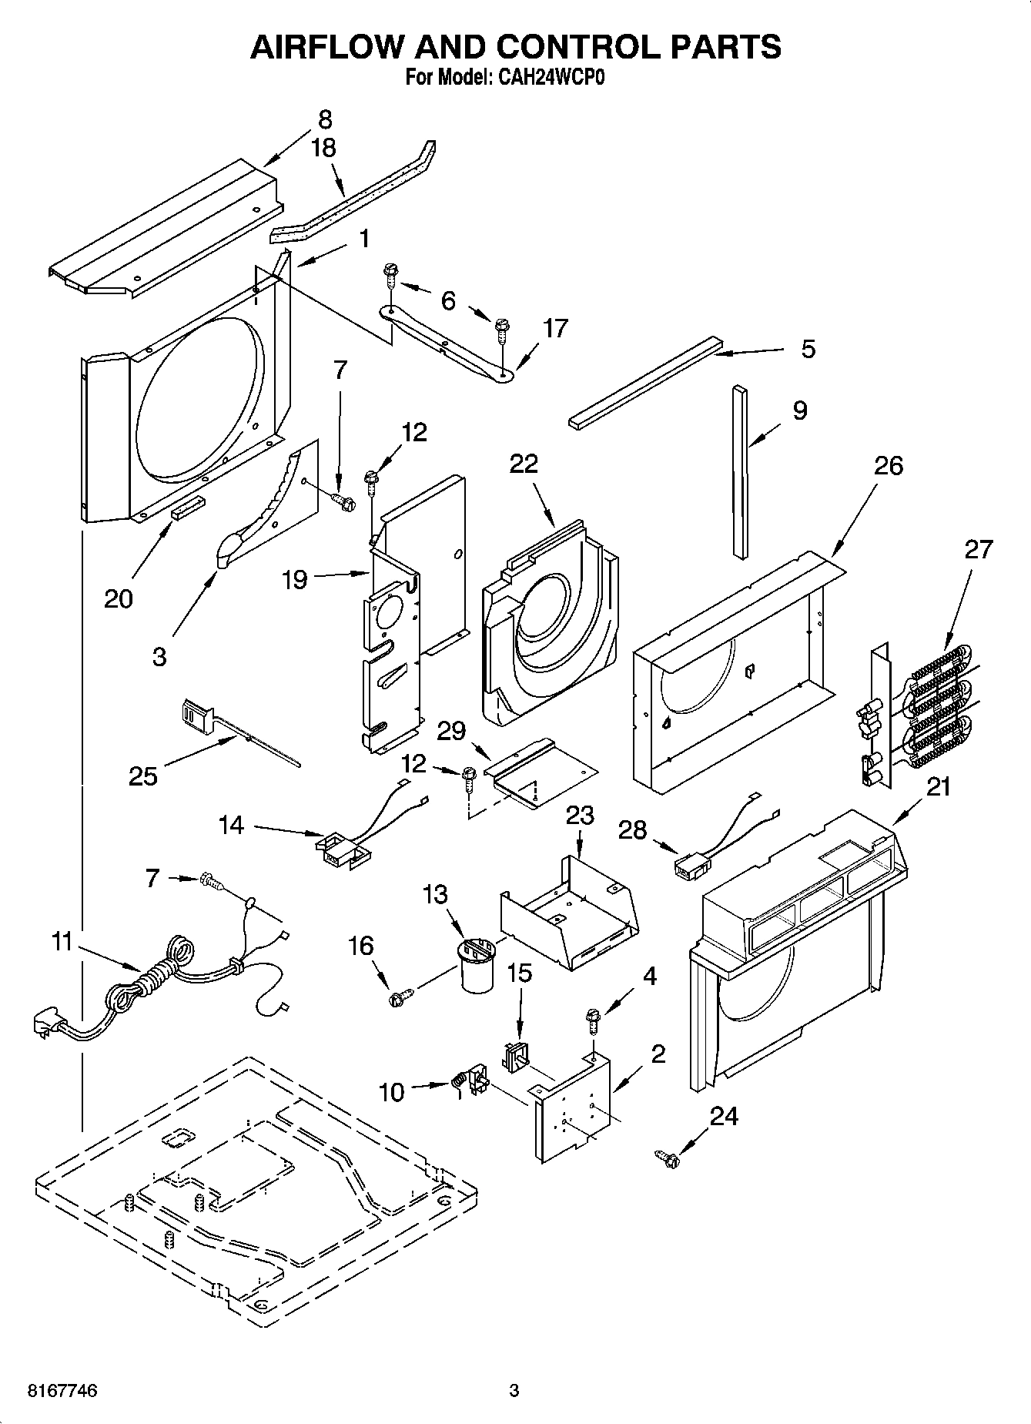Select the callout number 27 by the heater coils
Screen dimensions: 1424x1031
point(980,551)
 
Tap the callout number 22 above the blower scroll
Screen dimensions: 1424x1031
point(524,464)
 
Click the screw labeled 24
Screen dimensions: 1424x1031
point(666,1157)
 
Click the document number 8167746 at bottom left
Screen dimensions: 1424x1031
point(62,1391)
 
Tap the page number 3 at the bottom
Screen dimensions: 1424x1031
point(514,1391)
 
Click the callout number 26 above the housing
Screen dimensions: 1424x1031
point(889,466)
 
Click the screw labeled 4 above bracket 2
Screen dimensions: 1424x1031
point(594,1021)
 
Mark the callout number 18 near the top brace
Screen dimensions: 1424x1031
point(323,149)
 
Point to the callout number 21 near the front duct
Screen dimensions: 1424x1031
point(939,786)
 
